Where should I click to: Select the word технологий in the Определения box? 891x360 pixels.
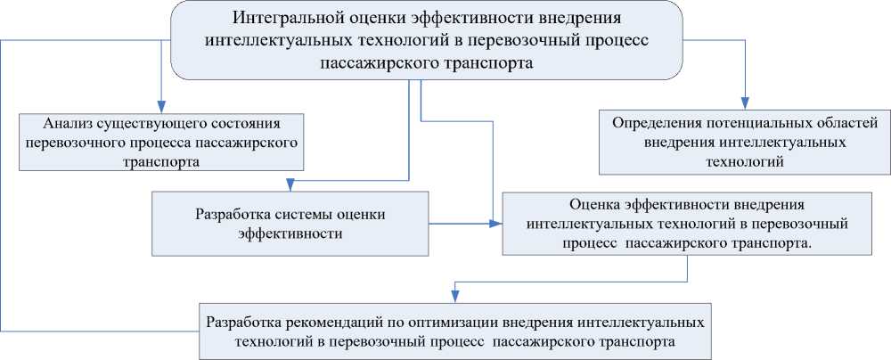pos(740,161)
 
